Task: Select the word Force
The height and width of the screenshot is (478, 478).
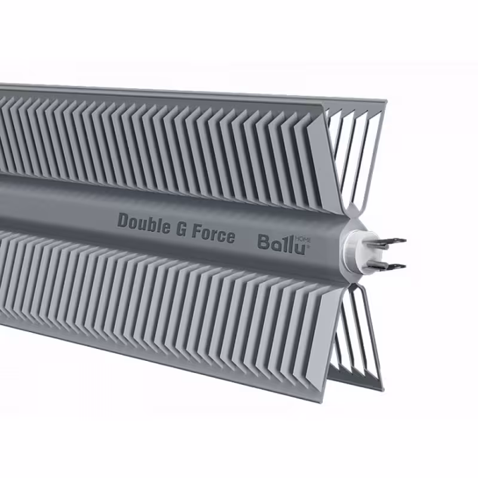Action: (x=213, y=233)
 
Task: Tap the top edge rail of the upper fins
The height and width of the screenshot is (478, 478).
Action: (x=179, y=93)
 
